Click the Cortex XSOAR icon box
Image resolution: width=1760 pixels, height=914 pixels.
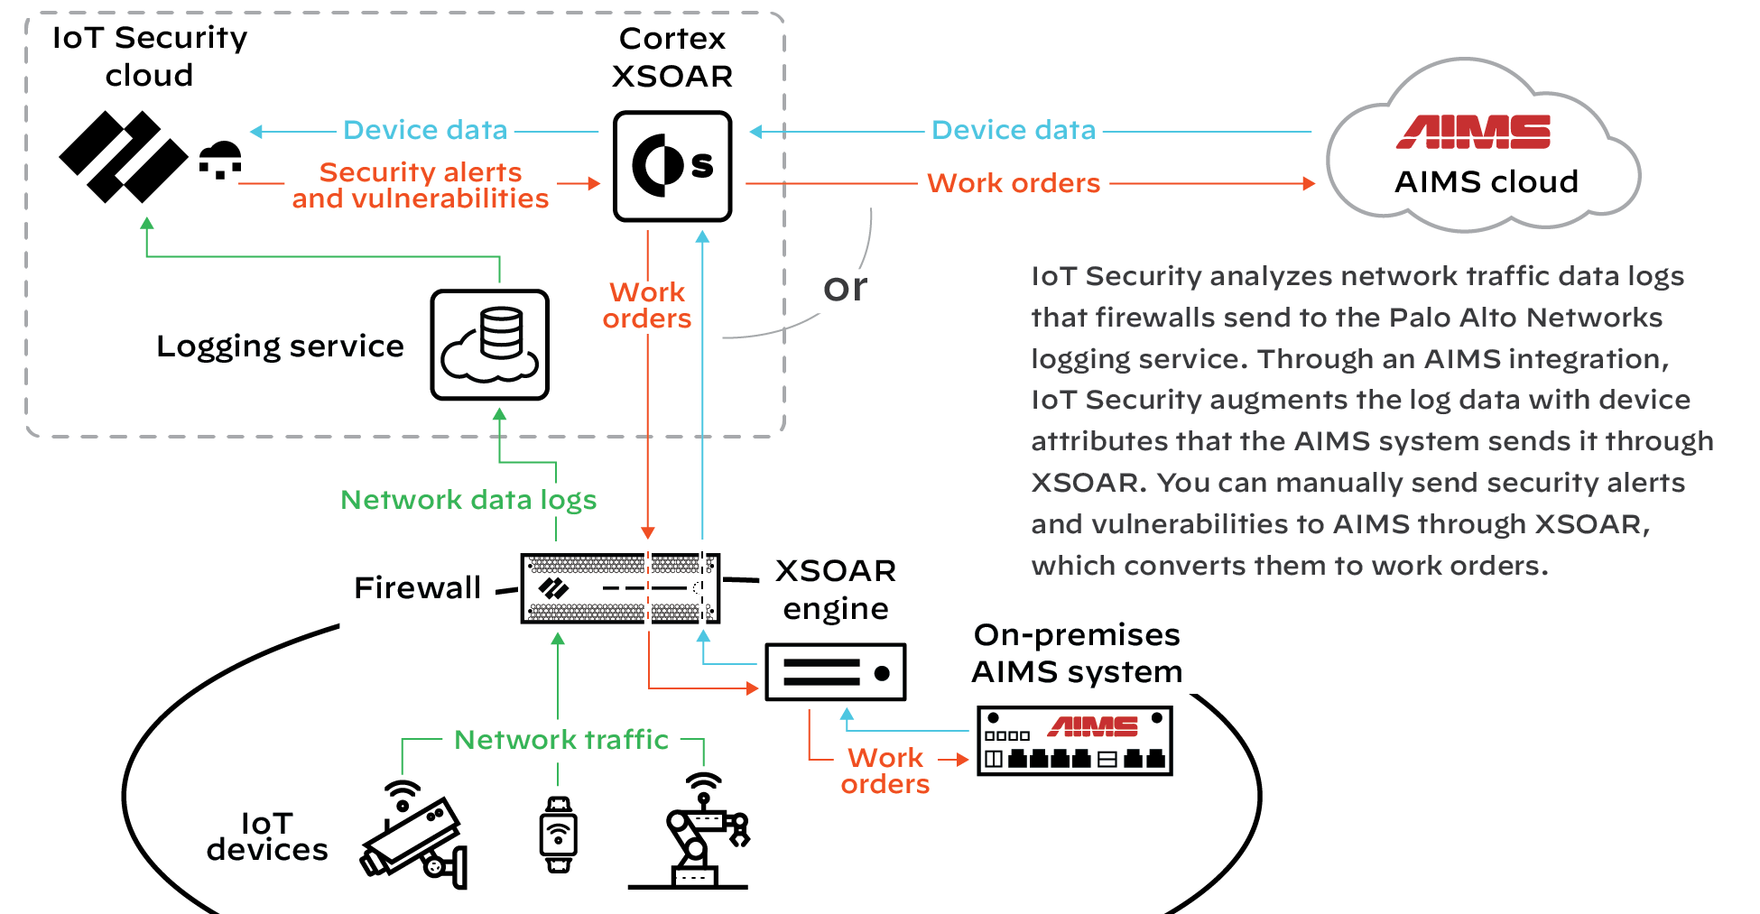coord(672,166)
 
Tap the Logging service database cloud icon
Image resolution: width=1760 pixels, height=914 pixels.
coord(489,345)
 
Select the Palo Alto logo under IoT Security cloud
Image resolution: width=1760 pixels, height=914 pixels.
coord(123,157)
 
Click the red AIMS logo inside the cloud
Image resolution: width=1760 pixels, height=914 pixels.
coord(1473,132)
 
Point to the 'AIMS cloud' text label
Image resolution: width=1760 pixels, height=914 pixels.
coord(1486,182)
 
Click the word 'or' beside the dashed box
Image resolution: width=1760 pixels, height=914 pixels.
coord(845,288)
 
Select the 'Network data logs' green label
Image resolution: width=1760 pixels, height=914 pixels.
coord(468,500)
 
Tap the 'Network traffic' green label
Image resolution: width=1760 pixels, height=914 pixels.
coord(560,740)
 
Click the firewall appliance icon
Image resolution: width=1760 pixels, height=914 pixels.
coord(620,588)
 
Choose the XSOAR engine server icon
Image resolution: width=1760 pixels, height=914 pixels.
coord(835,672)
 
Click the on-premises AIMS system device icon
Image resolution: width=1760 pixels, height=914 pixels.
coord(1074,741)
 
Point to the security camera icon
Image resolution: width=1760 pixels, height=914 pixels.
coord(415,835)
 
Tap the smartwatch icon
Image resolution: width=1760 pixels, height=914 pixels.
coord(558,835)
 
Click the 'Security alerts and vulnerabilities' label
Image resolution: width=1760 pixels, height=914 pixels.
coord(420,185)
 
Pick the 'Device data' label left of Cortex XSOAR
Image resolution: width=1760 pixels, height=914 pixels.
coord(425,130)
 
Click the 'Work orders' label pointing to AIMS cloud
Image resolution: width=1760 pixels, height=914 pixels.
coord(1013,183)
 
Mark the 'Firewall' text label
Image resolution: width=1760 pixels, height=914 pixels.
coord(417,588)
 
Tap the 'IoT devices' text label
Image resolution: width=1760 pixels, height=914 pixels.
coord(267,836)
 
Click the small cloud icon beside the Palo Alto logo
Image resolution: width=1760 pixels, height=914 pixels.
coord(220,159)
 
